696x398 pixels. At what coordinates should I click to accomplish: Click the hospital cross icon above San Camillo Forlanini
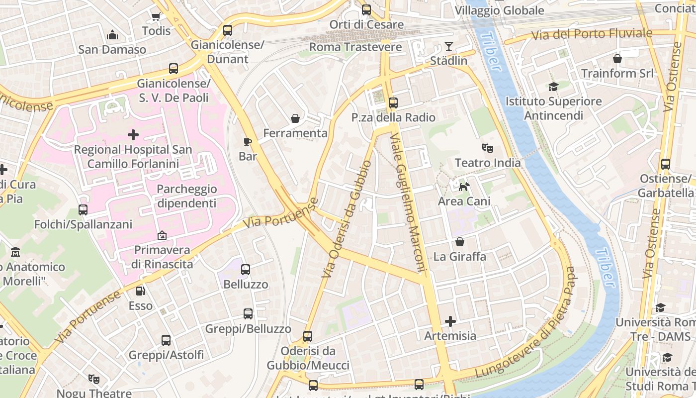tap(133, 135)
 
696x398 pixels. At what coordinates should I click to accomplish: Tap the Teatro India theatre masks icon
tap(487, 148)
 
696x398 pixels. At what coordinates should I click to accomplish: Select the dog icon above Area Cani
tap(464, 187)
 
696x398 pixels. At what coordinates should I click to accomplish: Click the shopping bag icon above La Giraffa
tap(460, 242)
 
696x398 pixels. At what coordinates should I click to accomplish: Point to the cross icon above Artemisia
tap(450, 321)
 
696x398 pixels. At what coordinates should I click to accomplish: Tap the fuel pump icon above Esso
tap(141, 291)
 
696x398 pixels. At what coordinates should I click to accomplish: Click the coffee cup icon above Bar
tap(248, 142)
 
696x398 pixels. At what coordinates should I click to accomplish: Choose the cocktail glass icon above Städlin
tap(449, 46)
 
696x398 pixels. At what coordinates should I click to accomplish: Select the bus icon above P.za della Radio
tap(393, 103)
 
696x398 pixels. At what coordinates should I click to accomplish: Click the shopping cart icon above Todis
tap(156, 16)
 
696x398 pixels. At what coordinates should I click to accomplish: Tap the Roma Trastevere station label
tap(355, 47)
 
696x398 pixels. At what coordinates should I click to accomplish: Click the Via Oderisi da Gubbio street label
tap(347, 219)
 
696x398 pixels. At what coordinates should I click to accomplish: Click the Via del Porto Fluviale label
tap(592, 34)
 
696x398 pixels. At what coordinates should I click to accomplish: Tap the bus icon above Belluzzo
tap(246, 270)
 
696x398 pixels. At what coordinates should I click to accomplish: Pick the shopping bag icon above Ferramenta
tap(295, 118)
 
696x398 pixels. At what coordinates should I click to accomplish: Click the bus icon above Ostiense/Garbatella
tap(665, 164)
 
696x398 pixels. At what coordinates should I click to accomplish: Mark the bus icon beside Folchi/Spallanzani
tap(83, 210)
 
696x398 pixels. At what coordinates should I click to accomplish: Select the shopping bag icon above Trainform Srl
tap(617, 59)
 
